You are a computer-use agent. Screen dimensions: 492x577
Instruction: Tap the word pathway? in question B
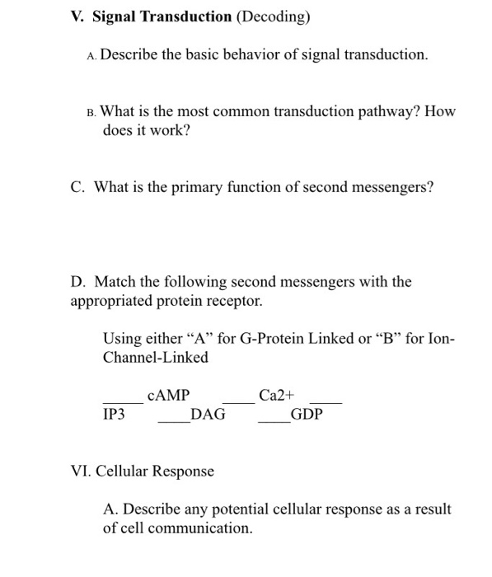pyautogui.click(x=394, y=111)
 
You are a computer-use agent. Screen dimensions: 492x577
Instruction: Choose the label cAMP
pyautogui.click(x=168, y=396)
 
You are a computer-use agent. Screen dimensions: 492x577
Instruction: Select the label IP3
pyautogui.click(x=114, y=415)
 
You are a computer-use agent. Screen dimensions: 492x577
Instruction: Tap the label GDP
pyautogui.click(x=307, y=415)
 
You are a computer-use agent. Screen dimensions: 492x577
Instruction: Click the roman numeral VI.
pyautogui.click(x=80, y=471)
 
